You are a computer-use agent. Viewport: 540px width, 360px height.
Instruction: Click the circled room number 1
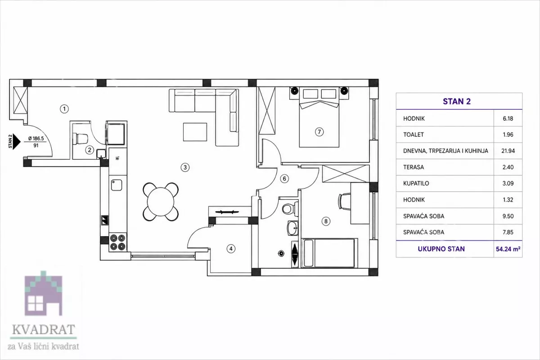pos(64,109)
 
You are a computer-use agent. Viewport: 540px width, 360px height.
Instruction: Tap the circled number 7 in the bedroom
pos(319,132)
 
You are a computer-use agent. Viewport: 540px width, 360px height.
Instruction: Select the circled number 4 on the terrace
pos(231,248)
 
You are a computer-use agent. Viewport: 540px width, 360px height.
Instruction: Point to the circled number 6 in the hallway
pos(284,179)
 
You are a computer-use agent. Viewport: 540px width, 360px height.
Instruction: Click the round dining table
pos(161,202)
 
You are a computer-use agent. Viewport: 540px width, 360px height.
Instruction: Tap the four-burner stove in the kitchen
pos(118,243)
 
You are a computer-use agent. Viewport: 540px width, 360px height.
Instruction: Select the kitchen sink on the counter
pos(117,185)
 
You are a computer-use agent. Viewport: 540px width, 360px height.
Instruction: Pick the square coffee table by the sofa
pos(195,132)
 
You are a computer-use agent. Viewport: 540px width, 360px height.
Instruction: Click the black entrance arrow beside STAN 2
pos(16,142)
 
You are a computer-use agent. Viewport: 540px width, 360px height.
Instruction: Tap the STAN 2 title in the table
pos(457,102)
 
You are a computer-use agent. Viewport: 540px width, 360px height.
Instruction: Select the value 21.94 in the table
pos(508,151)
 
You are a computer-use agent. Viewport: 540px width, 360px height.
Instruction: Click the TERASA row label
pos(414,167)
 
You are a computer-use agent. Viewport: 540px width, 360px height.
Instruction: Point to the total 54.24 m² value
pos(508,249)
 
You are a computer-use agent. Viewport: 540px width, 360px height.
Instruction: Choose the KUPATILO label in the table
pos(416,184)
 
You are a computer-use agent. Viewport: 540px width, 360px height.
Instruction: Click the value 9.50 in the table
pos(508,216)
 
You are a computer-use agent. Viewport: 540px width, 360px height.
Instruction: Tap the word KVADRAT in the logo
pos(43,329)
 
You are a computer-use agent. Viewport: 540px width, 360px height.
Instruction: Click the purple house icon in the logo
pos(43,293)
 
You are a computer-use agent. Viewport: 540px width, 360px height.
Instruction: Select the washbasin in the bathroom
pos(292,228)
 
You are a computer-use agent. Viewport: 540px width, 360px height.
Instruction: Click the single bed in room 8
pos(329,253)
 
